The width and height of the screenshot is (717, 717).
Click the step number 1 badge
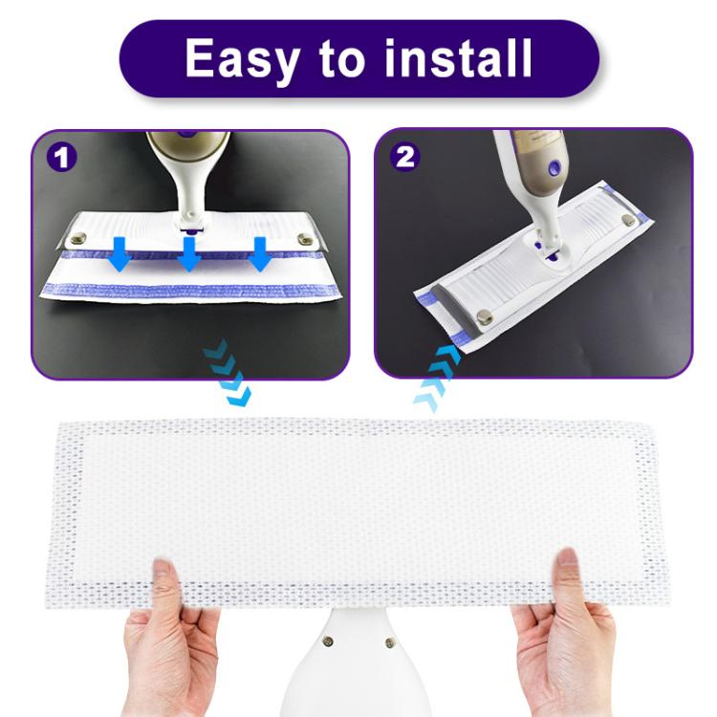[62, 157]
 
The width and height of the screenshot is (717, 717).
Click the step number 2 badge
[405, 157]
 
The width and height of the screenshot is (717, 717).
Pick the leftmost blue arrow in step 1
[119, 254]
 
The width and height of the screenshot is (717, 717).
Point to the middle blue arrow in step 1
[189, 253]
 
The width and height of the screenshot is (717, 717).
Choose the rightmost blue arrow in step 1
[259, 254]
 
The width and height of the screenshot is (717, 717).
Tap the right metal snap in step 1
[305, 239]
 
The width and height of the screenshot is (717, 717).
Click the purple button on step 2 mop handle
[553, 167]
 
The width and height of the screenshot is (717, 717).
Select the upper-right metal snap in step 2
[626, 221]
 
